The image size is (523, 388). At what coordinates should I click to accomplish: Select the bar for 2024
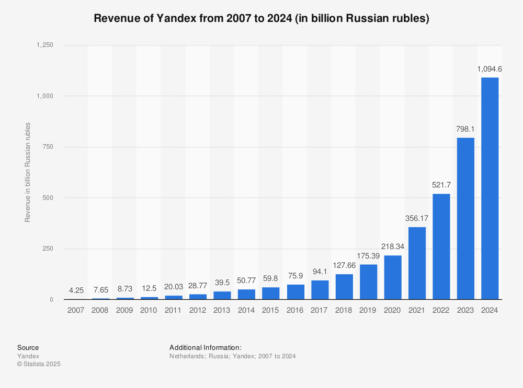coord(490,189)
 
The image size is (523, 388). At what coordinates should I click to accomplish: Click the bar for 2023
coord(465,218)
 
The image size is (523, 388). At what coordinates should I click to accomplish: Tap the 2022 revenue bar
coord(441,246)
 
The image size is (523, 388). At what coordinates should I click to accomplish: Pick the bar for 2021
coord(417,263)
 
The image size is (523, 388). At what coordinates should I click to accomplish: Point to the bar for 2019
coord(368,282)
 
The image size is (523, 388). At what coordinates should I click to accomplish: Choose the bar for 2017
coord(320,290)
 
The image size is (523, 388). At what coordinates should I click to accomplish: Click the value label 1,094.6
coord(490,69)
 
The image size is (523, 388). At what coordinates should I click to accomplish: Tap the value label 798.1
coord(465,129)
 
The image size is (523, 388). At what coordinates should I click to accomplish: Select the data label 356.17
coord(417,218)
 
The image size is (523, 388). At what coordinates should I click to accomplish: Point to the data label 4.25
coord(76,290)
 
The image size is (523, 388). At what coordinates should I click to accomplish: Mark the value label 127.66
coord(344,265)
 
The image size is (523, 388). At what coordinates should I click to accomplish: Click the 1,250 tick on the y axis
coord(44,45)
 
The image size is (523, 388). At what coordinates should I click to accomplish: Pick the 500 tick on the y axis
coord(48,198)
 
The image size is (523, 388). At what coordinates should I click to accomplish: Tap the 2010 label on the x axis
coord(149,310)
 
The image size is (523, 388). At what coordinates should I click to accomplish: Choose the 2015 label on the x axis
coord(270,310)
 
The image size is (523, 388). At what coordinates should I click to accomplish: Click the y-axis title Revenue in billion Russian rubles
coord(28,172)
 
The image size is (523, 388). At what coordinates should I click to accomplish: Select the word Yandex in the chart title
coord(177,18)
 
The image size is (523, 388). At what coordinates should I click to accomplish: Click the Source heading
coord(28,348)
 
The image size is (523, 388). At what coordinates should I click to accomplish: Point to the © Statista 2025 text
coord(39,364)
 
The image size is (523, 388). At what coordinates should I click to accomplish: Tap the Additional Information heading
coord(206,348)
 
